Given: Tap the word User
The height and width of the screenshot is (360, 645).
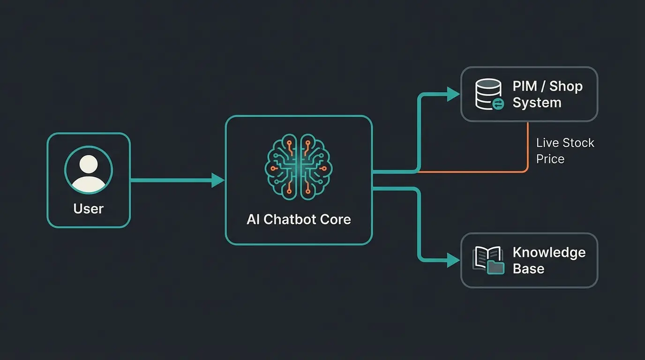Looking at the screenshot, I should click(x=89, y=209).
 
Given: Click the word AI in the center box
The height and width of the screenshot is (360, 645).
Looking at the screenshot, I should click(x=253, y=219).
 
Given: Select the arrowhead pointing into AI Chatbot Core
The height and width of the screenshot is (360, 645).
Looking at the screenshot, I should click(x=218, y=180).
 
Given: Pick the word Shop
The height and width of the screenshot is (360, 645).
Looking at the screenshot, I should click(x=566, y=86).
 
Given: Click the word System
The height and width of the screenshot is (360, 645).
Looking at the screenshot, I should click(x=537, y=103).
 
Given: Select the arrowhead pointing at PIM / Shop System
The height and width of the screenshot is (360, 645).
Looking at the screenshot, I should click(x=453, y=94).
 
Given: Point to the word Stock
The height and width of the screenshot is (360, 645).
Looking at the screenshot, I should click(x=578, y=143).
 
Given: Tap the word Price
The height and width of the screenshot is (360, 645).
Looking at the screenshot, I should click(x=550, y=159).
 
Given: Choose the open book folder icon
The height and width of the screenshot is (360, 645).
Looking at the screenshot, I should click(x=489, y=260).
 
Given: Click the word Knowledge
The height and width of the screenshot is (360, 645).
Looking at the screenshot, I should click(x=549, y=252).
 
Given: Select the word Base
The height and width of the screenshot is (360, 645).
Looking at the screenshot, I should click(x=528, y=269).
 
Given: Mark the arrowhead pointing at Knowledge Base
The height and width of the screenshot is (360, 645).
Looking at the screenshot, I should click(x=453, y=260).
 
